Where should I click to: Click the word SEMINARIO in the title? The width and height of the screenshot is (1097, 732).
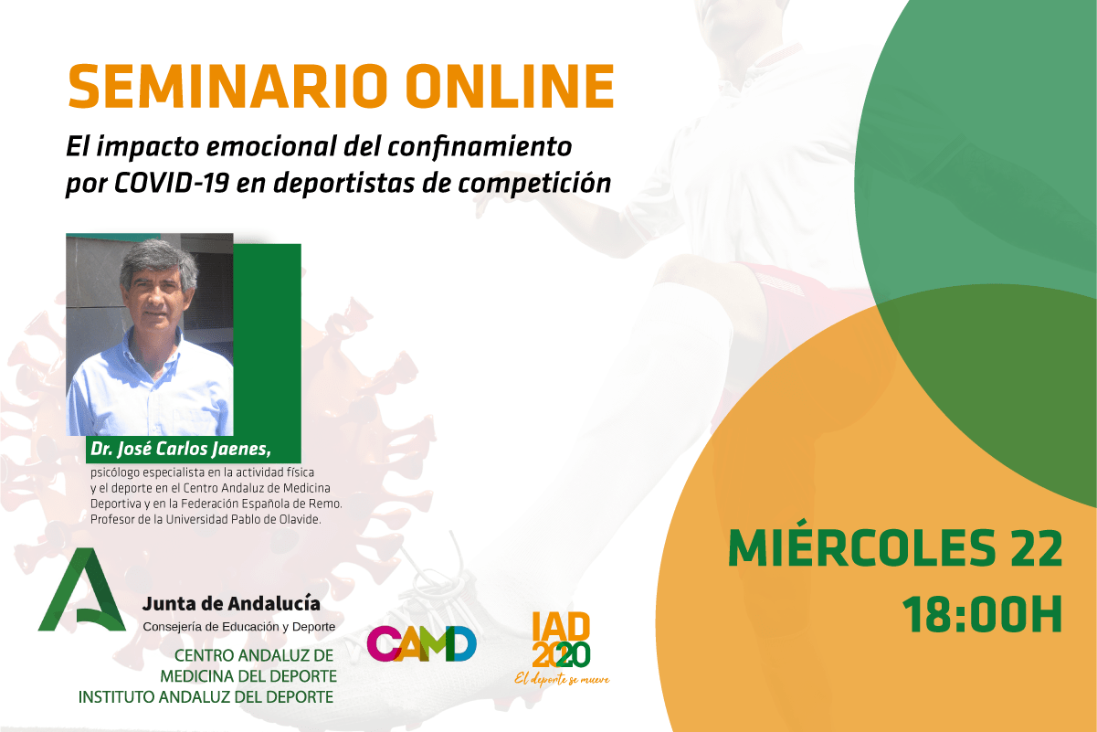click(227, 86)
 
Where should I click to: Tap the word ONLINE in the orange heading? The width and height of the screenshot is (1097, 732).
click(510, 86)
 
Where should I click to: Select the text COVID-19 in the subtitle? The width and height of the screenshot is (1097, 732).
click(172, 183)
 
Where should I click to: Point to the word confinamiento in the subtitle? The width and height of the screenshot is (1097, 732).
click(480, 147)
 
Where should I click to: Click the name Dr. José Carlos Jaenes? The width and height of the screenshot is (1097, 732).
click(181, 449)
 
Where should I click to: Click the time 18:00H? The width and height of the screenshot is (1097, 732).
click(983, 614)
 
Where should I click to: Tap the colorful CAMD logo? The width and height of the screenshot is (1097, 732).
click(422, 643)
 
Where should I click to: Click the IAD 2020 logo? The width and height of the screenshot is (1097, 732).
click(561, 640)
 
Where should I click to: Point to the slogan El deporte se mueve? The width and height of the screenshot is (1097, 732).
click(562, 679)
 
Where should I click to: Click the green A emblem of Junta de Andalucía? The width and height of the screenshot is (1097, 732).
click(82, 589)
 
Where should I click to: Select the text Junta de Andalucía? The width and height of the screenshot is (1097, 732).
click(231, 604)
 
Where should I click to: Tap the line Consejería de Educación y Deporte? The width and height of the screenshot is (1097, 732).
click(239, 627)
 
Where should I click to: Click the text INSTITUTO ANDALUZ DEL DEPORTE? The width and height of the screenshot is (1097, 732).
click(206, 696)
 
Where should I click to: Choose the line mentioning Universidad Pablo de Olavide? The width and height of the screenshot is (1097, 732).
click(206, 519)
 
